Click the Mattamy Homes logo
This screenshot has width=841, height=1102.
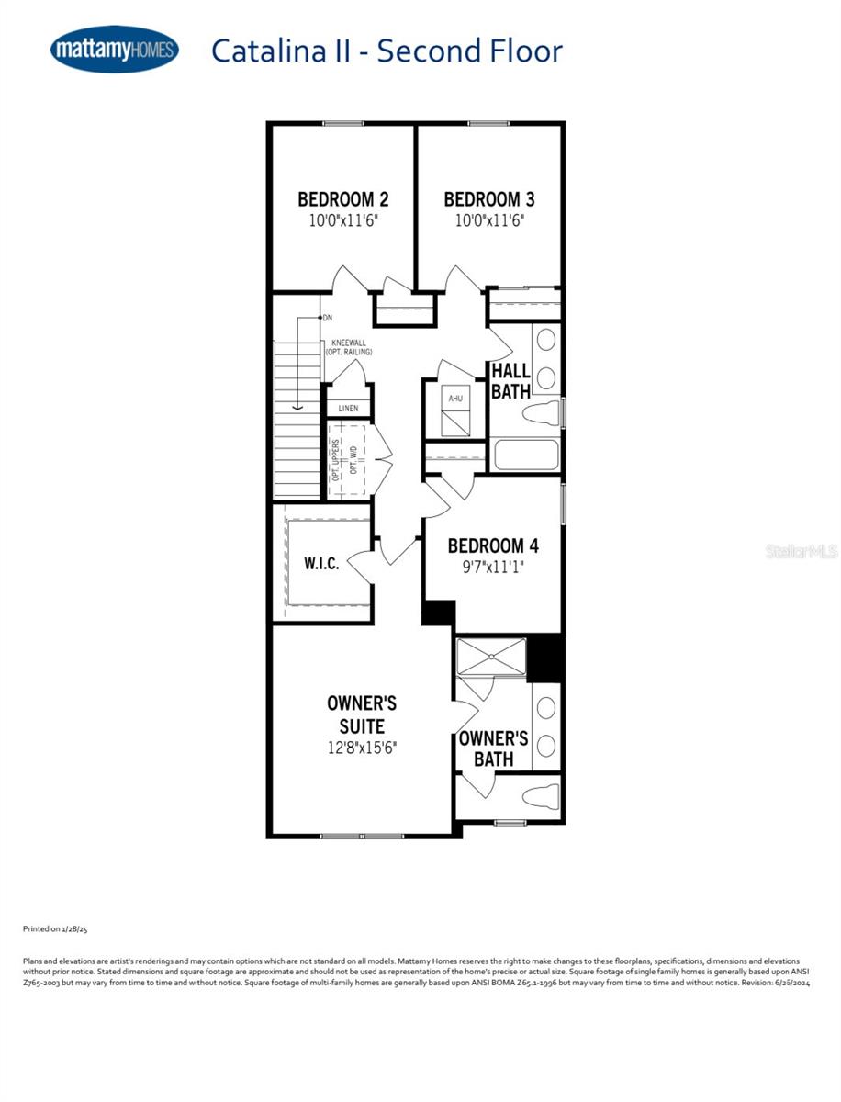[x=114, y=50]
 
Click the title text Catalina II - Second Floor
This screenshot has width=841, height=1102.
[x=386, y=51]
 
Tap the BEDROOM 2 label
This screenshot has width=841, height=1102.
[x=342, y=199]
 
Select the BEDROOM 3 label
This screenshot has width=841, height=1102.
[x=489, y=199]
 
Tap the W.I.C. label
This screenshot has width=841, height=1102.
[x=321, y=563]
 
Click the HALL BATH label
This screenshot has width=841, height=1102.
[x=510, y=381]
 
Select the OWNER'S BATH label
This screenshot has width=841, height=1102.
[x=493, y=748]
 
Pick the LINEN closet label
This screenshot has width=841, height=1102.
[x=349, y=409]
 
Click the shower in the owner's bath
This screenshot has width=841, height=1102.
[x=493, y=657]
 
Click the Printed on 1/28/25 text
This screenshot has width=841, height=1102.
[x=55, y=929]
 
